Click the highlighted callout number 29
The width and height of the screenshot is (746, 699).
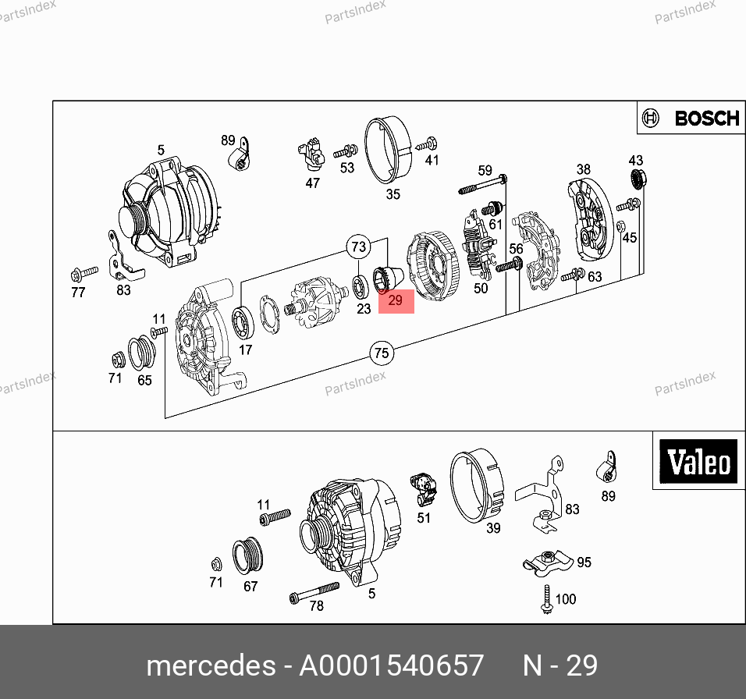click(396, 301)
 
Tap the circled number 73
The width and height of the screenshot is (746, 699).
click(359, 247)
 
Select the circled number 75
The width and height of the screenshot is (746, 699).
click(382, 353)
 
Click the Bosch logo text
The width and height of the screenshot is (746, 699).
click(707, 118)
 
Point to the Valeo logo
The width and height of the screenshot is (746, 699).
click(698, 461)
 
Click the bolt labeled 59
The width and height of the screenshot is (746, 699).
click(483, 184)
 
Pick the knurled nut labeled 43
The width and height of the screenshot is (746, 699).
click(638, 179)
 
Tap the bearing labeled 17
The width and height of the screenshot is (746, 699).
click(243, 323)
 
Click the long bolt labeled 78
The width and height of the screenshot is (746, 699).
click(314, 592)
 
